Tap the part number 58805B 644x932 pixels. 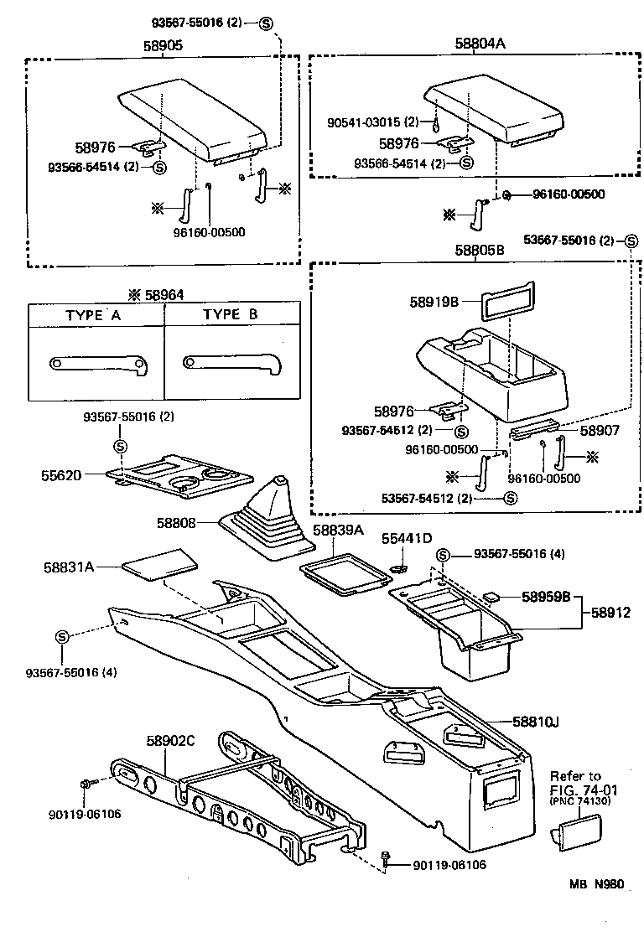pyautogui.click(x=480, y=250)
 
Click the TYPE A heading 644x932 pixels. pyautogui.click(x=95, y=316)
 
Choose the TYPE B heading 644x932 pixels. pyautogui.click(x=231, y=316)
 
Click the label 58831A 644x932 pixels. pyautogui.click(x=69, y=567)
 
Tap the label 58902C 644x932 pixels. pyautogui.click(x=170, y=741)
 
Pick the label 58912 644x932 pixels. pyautogui.click(x=612, y=614)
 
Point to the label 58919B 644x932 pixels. pyautogui.click(x=434, y=301)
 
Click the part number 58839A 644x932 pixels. pyautogui.click(x=338, y=531)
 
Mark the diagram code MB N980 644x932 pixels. pyautogui.click(x=597, y=908)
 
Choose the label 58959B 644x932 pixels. pyautogui.click(x=546, y=598)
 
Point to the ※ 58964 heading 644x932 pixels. pyautogui.click(x=156, y=295)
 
